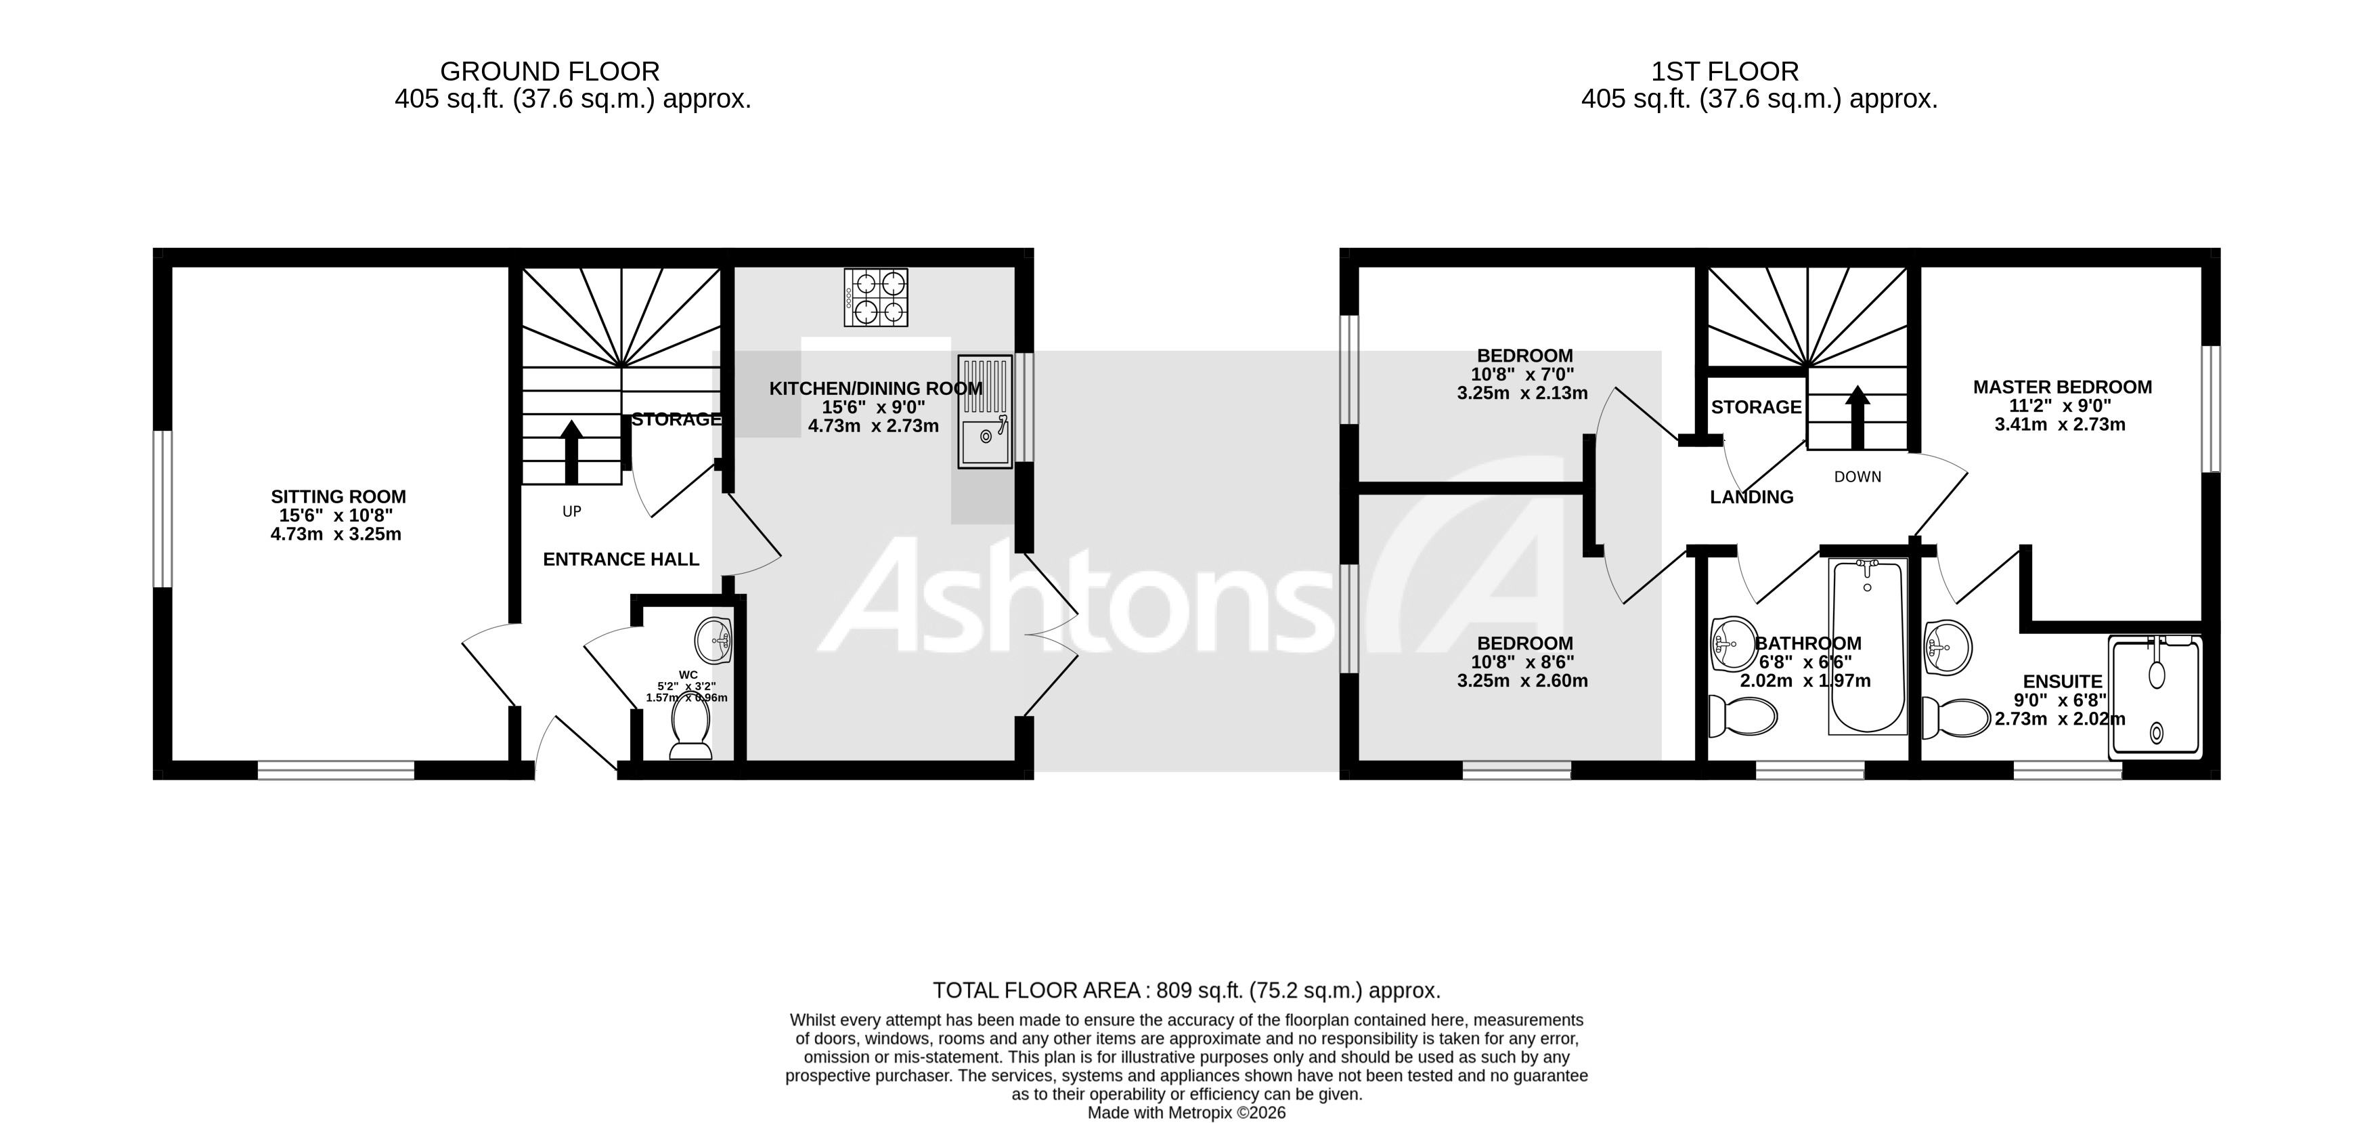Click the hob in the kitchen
(x=875, y=297)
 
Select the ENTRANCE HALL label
(x=620, y=559)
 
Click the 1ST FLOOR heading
(x=1724, y=71)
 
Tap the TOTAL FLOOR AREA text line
(x=1186, y=990)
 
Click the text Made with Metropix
(x=1186, y=1113)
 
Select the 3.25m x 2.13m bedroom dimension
(x=1522, y=394)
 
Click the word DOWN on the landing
(x=1857, y=477)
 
